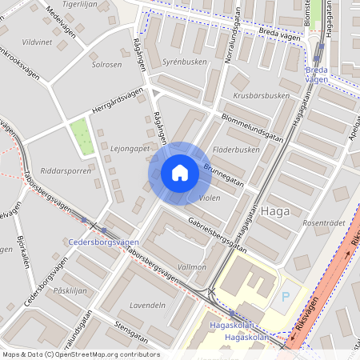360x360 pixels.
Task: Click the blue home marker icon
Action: (x=180, y=173)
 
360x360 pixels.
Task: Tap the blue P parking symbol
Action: (x=286, y=297)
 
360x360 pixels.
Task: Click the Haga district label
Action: (x=274, y=212)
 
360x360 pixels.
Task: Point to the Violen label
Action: (x=209, y=198)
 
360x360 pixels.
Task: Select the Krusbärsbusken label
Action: (x=261, y=96)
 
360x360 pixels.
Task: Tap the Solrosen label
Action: (x=106, y=64)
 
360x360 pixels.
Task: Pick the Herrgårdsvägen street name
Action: (x=118, y=103)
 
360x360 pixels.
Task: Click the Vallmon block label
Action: (x=192, y=266)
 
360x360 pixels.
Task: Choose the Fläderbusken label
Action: (x=238, y=150)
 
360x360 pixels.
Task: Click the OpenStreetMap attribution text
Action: (x=80, y=354)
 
